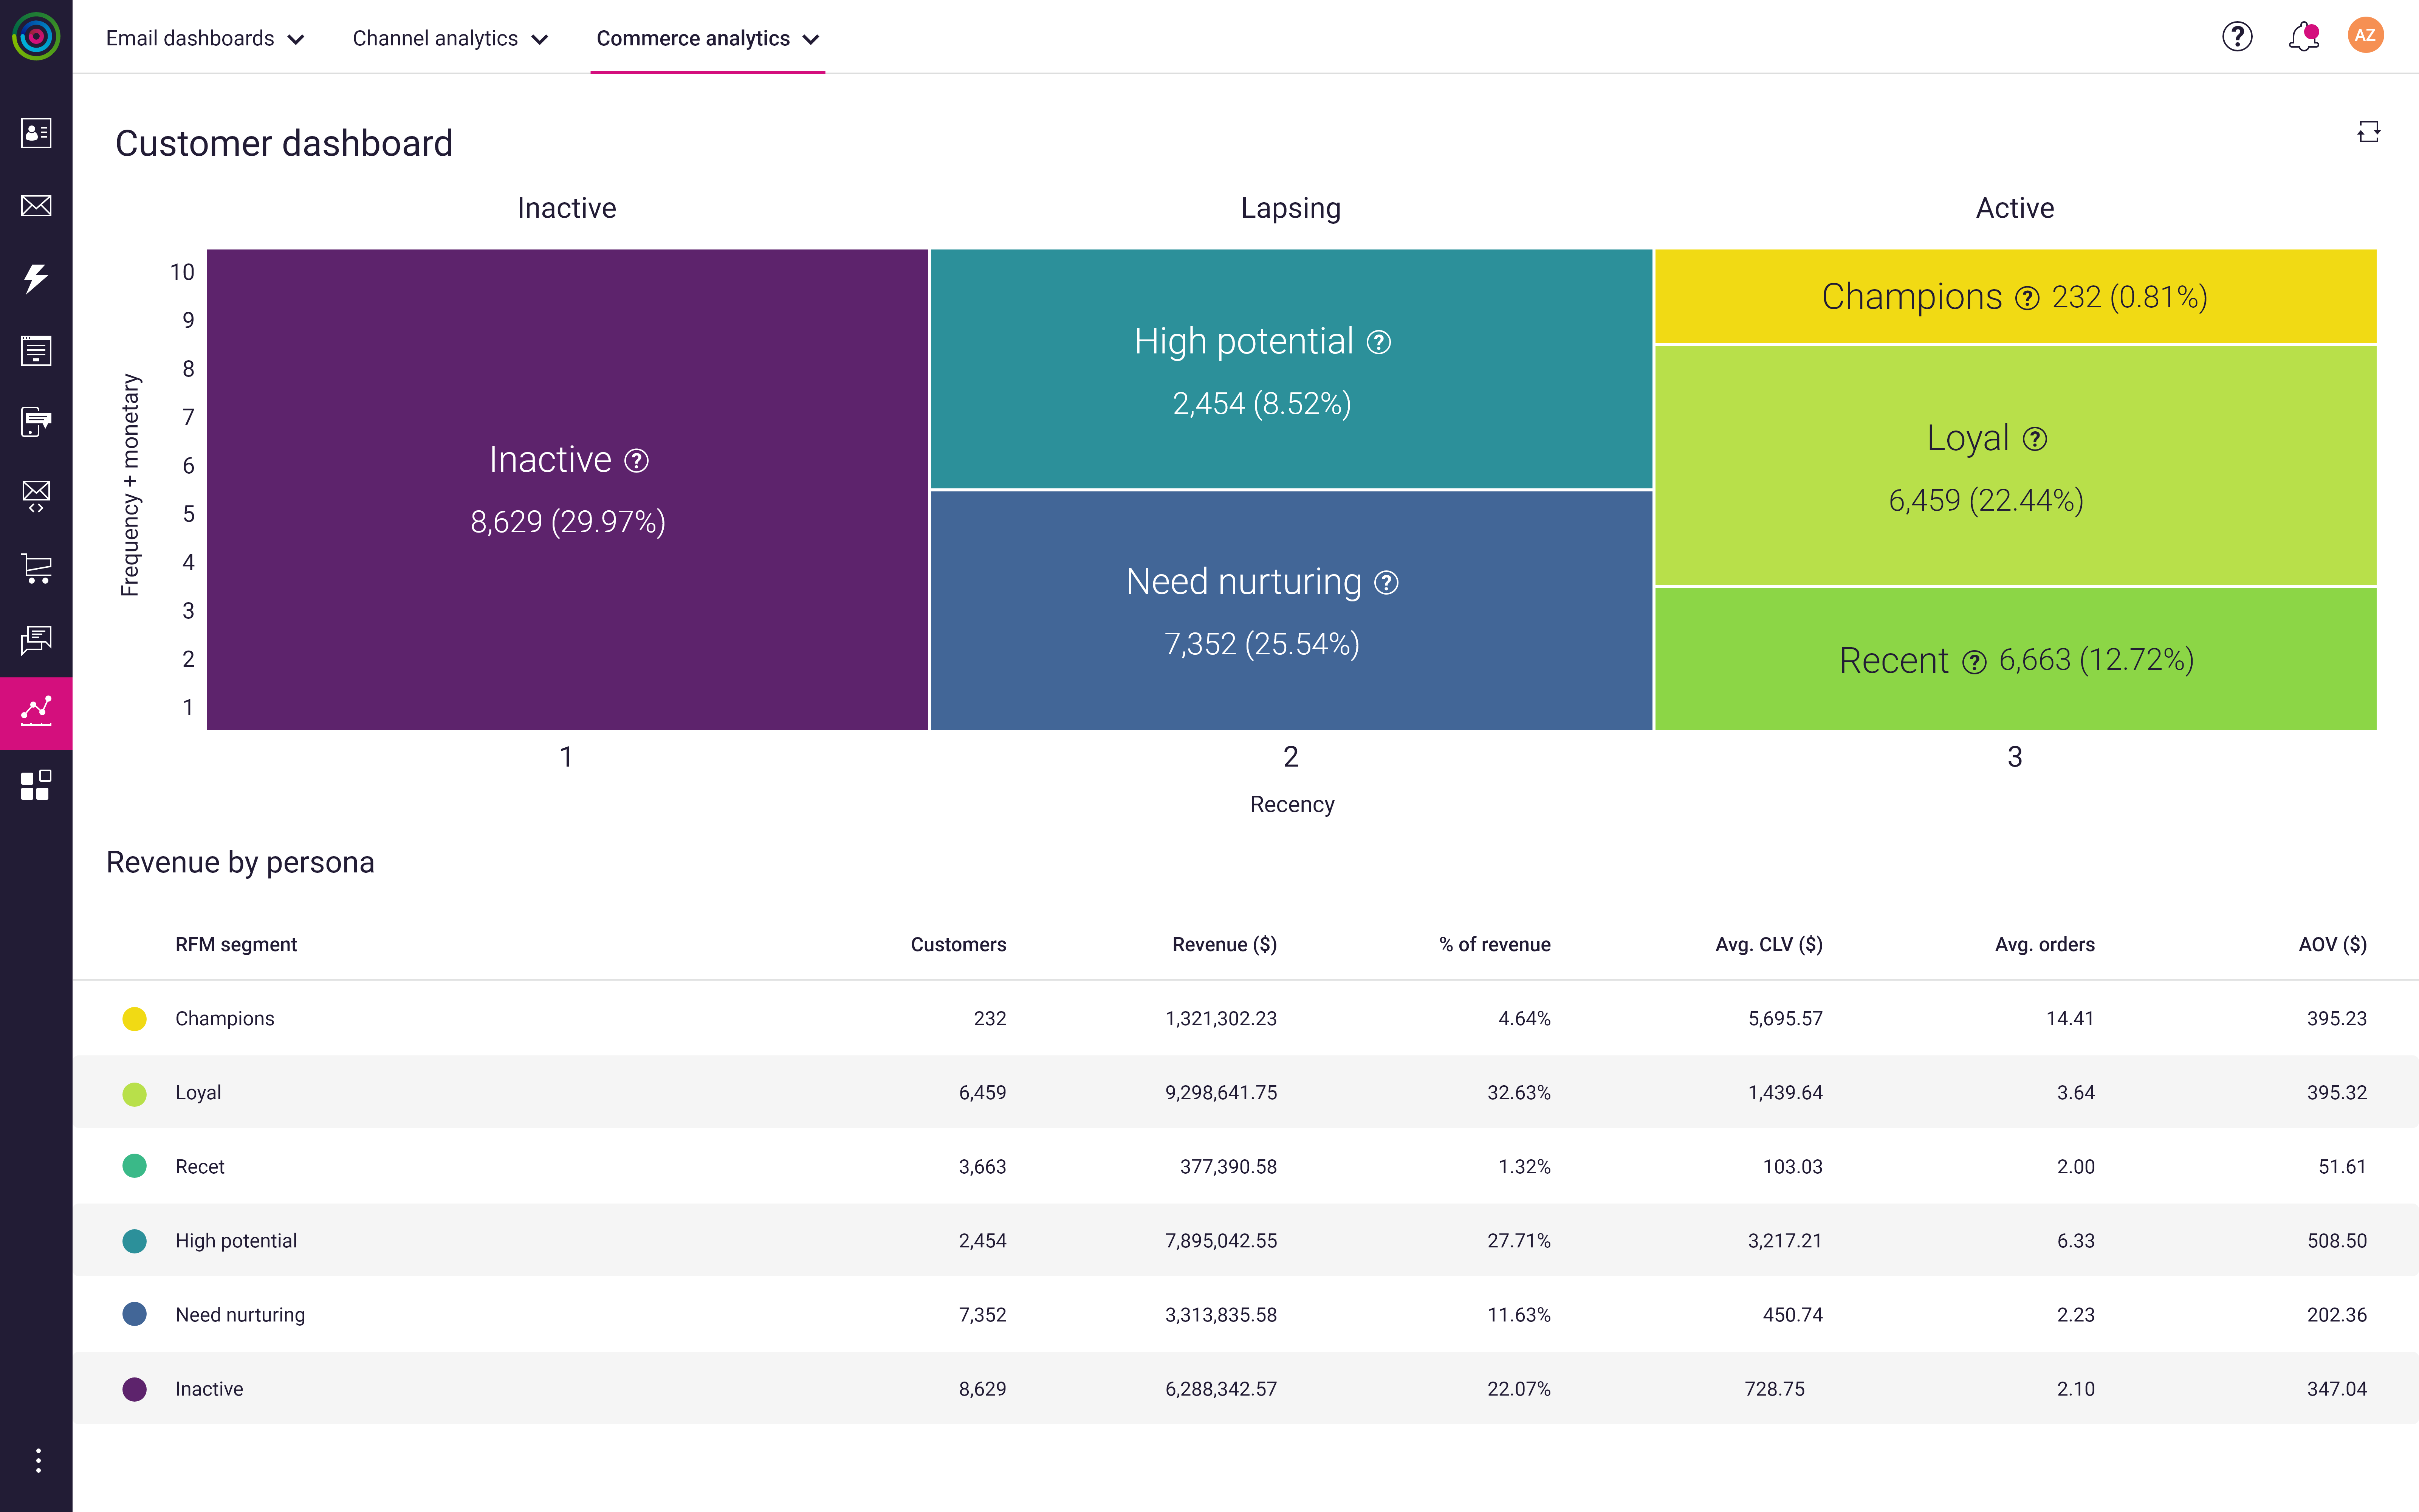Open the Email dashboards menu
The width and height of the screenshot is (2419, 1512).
click(204, 38)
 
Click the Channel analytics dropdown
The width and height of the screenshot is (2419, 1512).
click(450, 38)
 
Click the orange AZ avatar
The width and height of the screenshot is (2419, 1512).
click(2365, 35)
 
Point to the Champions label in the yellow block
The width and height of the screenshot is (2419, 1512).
click(1911, 297)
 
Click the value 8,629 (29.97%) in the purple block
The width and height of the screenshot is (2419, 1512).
click(568, 522)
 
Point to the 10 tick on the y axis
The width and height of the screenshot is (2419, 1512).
click(182, 272)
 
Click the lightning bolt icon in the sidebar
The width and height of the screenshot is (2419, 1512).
click(36, 278)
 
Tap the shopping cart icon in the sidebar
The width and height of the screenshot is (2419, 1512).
click(36, 568)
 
